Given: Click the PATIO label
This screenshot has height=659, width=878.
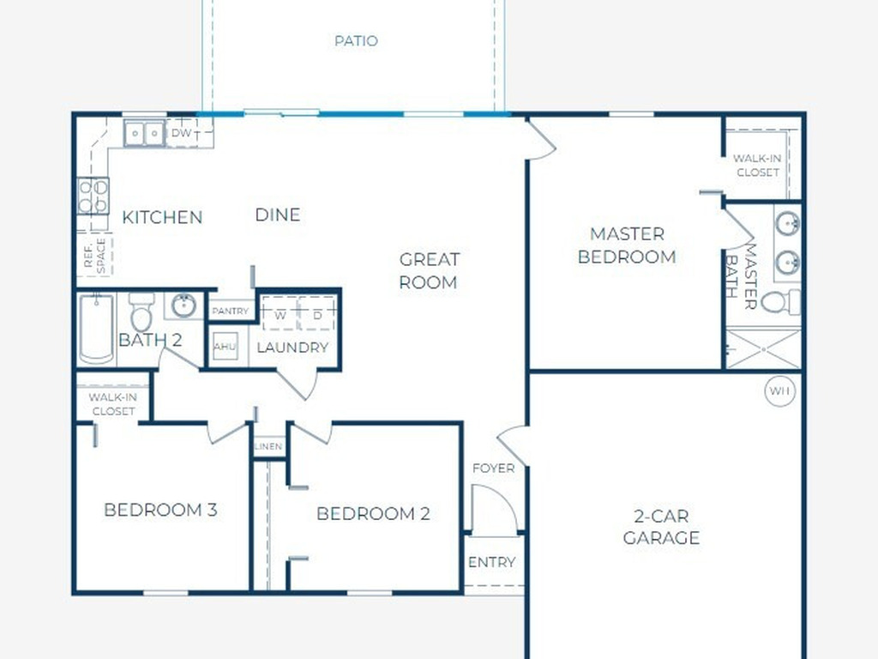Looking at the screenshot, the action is (356, 41).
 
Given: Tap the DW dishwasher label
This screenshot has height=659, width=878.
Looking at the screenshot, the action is (181, 133).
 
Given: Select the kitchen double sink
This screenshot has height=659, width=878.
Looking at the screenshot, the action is (144, 134).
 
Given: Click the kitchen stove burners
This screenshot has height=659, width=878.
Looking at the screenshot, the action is (93, 196).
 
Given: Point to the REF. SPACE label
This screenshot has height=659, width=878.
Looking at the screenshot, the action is (94, 256).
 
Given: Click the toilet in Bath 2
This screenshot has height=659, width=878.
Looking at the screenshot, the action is (141, 311).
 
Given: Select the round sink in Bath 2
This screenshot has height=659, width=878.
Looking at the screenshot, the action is (183, 305).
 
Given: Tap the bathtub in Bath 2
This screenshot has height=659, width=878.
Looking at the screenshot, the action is (96, 329).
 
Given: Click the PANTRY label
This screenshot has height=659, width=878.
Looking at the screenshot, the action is (230, 311).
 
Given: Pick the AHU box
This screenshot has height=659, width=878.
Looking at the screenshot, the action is (226, 347).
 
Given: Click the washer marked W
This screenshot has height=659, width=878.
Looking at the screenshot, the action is (280, 315).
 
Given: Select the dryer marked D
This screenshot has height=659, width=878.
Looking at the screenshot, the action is (317, 315).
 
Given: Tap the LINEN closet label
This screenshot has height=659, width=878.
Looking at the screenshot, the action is (268, 446).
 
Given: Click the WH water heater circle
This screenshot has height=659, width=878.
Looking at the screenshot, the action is (780, 390).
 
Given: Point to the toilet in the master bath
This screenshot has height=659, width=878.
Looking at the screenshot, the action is (782, 303).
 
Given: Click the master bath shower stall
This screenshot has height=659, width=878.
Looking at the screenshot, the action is (763, 349).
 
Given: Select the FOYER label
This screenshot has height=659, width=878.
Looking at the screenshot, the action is (493, 468).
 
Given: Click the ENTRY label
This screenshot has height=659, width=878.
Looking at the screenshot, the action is (491, 562).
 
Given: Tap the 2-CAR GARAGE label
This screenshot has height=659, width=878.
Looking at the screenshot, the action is (661, 527).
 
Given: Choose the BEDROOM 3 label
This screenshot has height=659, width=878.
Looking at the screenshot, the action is (160, 510).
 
